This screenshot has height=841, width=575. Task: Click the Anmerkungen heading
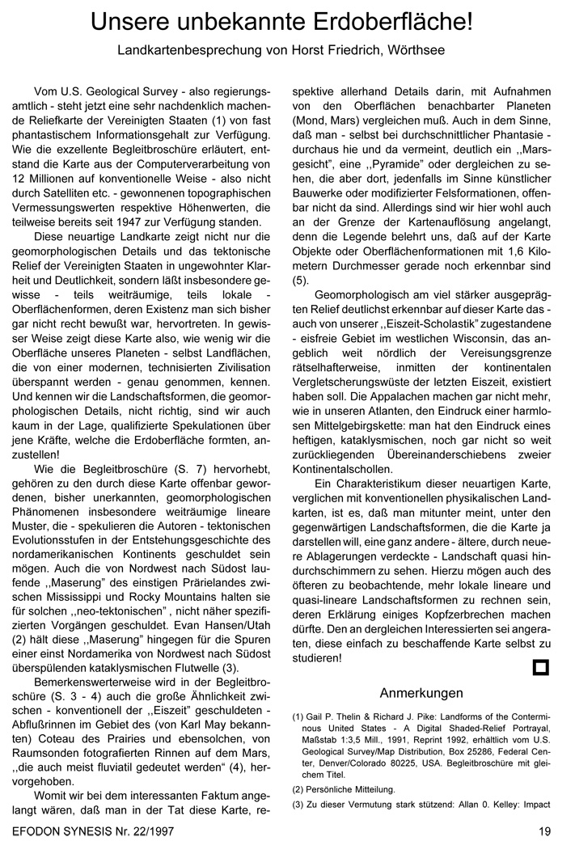(x=421, y=693)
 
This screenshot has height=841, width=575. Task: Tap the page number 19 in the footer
(x=543, y=830)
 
